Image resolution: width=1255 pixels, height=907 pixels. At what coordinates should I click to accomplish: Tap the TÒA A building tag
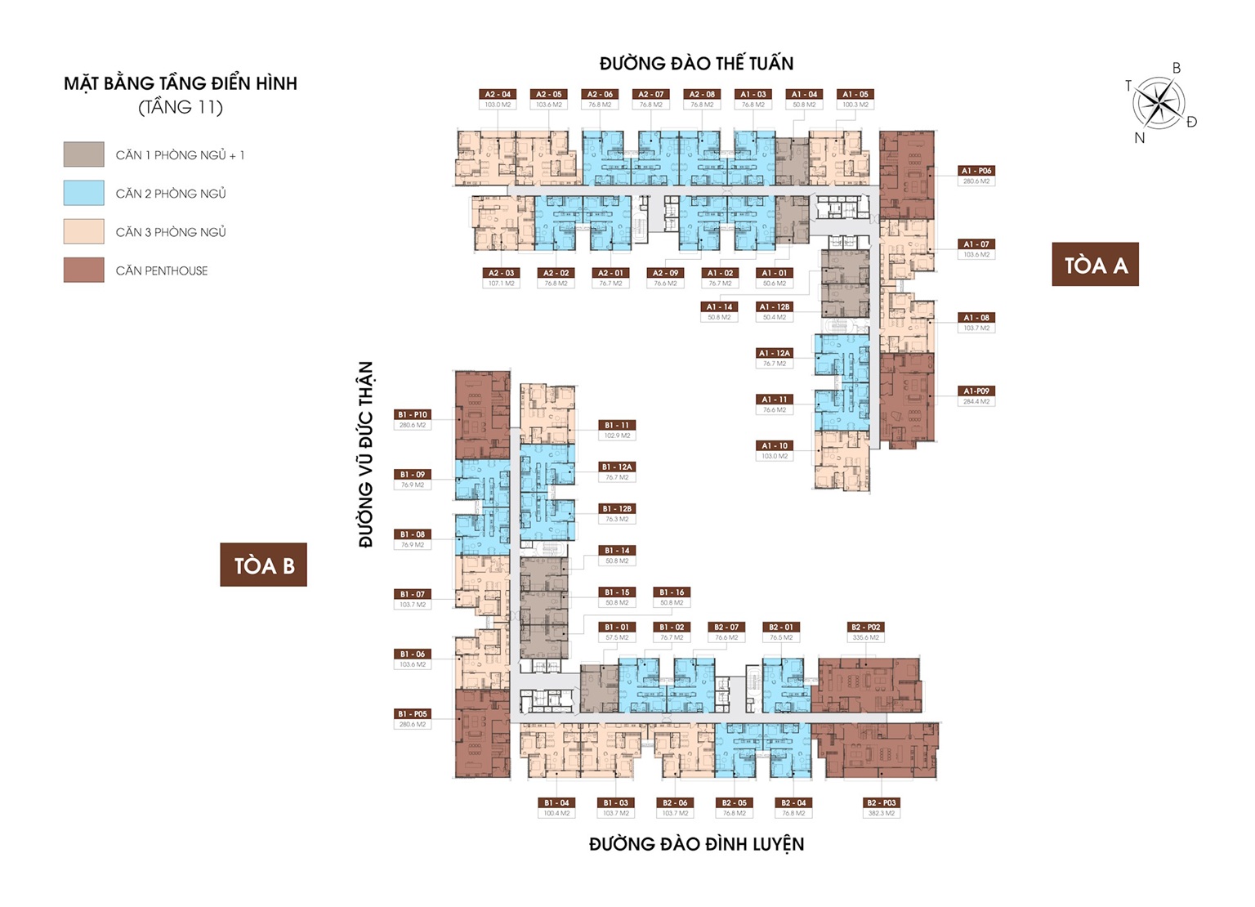click(1095, 265)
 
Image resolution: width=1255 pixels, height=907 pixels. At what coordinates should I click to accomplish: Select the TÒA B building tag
click(263, 565)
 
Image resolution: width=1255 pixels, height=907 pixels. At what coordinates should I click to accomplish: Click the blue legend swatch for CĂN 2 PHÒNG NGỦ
click(84, 193)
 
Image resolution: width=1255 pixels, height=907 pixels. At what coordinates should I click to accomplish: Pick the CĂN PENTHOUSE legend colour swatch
click(84, 270)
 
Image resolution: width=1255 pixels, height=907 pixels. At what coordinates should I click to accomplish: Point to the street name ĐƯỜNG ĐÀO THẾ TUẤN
click(696, 64)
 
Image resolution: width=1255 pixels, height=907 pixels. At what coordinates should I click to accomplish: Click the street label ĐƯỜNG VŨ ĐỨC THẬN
click(365, 454)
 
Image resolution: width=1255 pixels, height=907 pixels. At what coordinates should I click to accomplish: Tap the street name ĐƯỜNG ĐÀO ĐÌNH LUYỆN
click(696, 844)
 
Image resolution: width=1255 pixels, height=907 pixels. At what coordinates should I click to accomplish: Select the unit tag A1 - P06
click(976, 172)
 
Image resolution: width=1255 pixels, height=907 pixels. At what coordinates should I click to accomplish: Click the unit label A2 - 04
click(498, 95)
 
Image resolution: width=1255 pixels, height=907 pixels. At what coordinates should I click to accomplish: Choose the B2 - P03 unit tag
click(881, 803)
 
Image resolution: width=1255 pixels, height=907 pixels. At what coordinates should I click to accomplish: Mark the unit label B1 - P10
click(413, 415)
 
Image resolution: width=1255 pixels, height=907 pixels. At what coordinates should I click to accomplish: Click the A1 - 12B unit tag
click(775, 307)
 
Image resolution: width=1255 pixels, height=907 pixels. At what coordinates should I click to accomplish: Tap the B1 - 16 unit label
click(672, 592)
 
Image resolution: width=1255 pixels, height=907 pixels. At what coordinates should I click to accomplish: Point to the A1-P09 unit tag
click(976, 391)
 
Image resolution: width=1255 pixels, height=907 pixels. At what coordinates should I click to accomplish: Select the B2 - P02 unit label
click(866, 628)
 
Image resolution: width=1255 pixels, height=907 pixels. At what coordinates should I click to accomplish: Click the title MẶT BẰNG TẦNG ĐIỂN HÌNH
click(181, 83)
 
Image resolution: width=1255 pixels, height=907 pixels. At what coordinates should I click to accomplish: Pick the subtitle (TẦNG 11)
click(181, 107)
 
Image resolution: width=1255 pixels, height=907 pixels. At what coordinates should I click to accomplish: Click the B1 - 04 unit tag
click(556, 803)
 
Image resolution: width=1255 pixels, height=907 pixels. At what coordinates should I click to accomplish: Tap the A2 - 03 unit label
click(502, 273)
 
